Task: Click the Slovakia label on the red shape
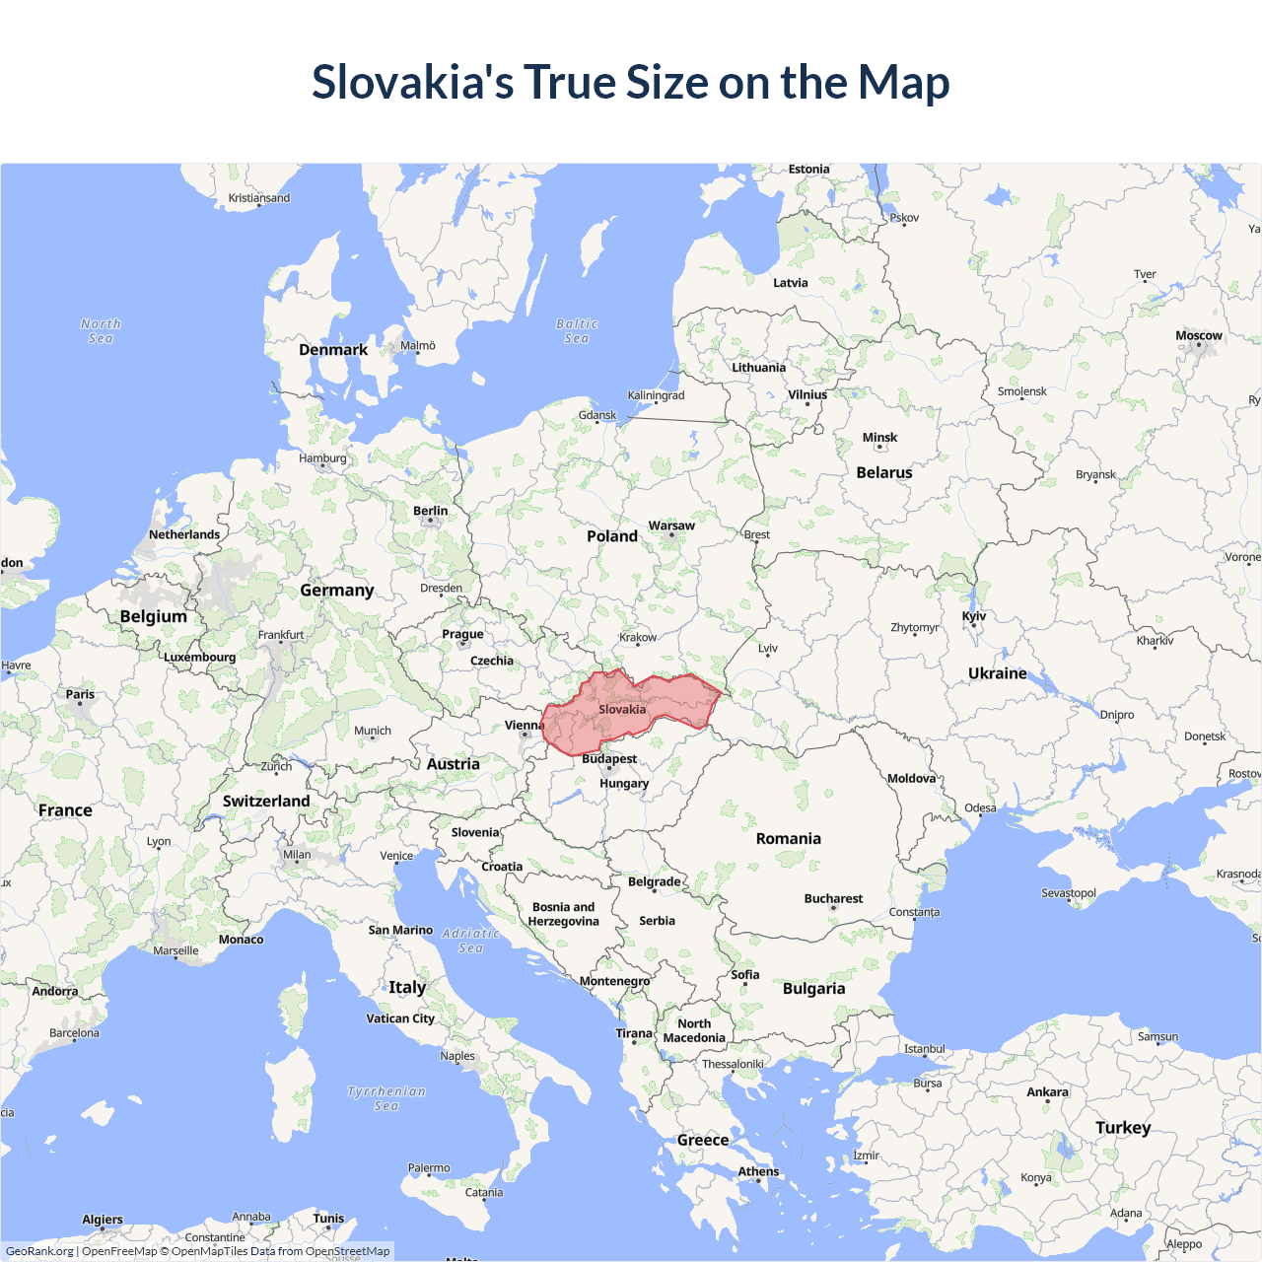(622, 710)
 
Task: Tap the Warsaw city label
(671, 526)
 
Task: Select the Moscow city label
(1198, 336)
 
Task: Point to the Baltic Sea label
(577, 331)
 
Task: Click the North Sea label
(101, 331)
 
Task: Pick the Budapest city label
(609, 759)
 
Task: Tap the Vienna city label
(524, 726)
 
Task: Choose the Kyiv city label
(973, 616)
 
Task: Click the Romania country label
(788, 839)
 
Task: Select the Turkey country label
(1123, 1128)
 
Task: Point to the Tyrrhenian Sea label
(386, 1098)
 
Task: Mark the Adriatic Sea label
(471, 941)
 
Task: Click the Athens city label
(758, 1172)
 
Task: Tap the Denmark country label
(333, 350)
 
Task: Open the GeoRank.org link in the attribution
(39, 1251)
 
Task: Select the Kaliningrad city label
(656, 395)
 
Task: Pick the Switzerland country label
(266, 802)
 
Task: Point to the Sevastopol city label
(1069, 893)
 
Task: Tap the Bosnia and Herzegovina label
(564, 914)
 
